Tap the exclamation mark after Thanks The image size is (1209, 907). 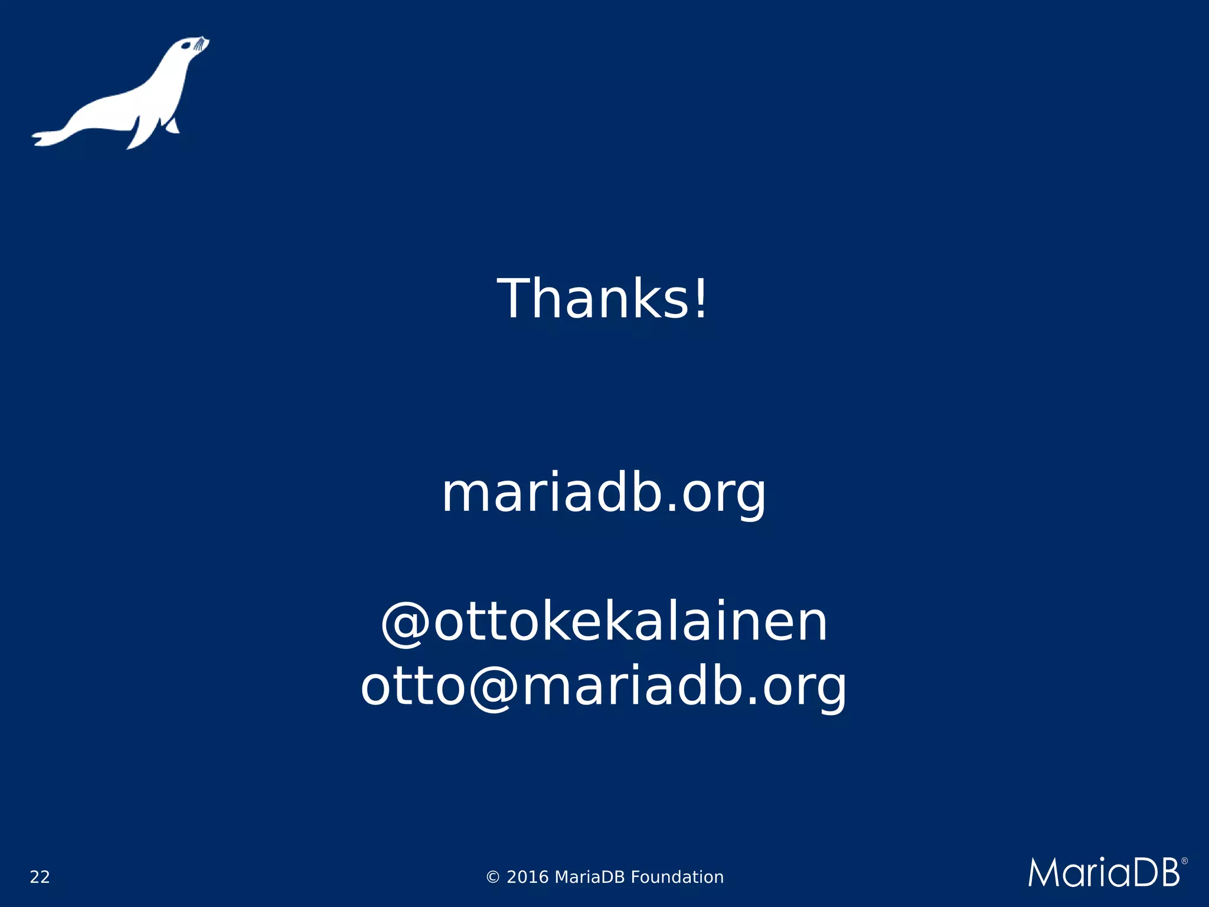[x=700, y=299]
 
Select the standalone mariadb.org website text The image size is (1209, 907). [x=603, y=494]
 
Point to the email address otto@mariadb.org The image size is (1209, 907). [x=603, y=687]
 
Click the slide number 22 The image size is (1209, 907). [x=40, y=877]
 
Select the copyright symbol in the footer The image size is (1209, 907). [x=493, y=877]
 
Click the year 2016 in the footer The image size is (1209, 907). [x=528, y=877]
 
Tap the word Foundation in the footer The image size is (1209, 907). [x=677, y=877]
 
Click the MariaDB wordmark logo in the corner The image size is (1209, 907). [x=1105, y=872]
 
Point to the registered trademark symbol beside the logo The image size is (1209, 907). [x=1184, y=862]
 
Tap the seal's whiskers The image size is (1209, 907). [x=202, y=44]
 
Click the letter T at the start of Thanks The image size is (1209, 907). [x=518, y=299]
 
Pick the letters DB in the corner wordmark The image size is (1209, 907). [x=1158, y=873]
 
